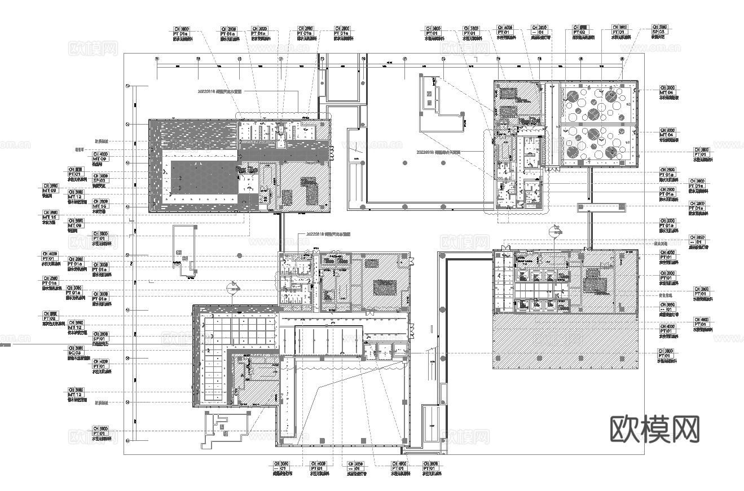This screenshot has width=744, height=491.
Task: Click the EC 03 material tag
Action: pyautogui.click(x=75, y=352)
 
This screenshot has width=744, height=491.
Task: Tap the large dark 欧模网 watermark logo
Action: pyautogui.click(x=655, y=430)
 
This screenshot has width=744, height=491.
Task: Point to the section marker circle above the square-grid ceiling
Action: pyautogui.click(x=230, y=288)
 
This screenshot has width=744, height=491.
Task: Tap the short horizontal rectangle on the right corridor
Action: pyautogui.click(x=600, y=207)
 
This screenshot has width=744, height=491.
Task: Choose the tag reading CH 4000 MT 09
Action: pyautogui.click(x=100, y=157)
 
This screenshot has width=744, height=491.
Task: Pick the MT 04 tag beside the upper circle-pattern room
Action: pyautogui.click(x=667, y=91)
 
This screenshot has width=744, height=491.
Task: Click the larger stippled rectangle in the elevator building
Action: pyautogui.click(x=592, y=281)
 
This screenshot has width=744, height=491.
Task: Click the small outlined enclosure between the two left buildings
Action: pyautogui.click(x=183, y=251)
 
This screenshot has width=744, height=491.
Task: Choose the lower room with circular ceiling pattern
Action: pyautogui.click(x=597, y=145)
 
